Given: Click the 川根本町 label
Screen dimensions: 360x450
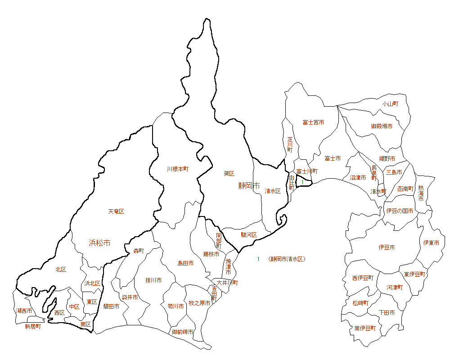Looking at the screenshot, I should tap(178, 169).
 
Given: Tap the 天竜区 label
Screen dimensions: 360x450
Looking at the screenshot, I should tap(116, 211).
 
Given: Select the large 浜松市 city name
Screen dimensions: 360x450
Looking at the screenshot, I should tap(99, 243).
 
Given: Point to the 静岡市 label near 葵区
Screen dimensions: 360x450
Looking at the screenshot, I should tap(249, 185).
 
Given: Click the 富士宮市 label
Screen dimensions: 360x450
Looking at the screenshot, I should tap(313, 122).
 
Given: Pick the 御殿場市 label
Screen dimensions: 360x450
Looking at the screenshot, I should tap(382, 126).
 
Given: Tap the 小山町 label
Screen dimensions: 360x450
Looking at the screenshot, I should tap(390, 104).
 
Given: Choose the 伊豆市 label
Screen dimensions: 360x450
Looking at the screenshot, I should tap(387, 247).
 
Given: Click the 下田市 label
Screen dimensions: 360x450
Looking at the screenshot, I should tap(387, 312).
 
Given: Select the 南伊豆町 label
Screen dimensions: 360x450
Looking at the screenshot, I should tap(364, 328).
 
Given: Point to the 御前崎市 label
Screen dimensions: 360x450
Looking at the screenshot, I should tap(183, 332).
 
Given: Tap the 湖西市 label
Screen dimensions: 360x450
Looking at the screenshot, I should tap(24, 311).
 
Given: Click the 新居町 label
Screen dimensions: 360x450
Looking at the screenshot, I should tap(33, 327).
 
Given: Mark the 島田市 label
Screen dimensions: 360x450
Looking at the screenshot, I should tap(185, 263).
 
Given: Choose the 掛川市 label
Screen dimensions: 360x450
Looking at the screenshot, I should tap(153, 280).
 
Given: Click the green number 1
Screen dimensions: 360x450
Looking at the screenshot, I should tap(258, 259).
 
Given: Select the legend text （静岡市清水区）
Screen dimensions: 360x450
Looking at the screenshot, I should tap(287, 259).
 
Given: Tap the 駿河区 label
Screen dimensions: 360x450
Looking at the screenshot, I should tap(248, 235).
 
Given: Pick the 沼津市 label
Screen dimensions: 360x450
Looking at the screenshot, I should tap(358, 178).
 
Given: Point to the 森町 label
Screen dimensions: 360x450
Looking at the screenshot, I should tap(139, 251).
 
